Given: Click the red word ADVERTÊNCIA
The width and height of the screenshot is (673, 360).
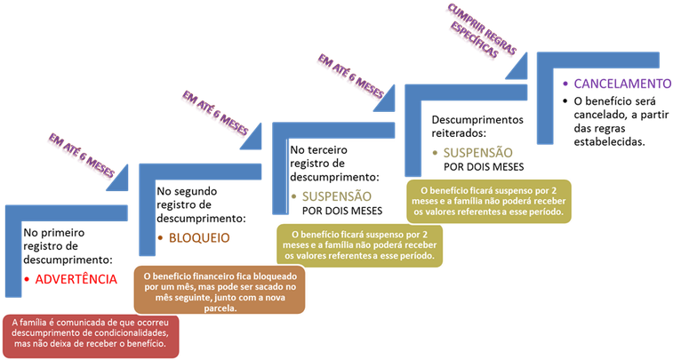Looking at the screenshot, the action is (76, 279).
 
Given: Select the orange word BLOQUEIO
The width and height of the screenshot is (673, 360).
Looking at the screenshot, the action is (199, 238).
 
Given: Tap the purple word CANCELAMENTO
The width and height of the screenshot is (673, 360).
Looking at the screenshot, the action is (622, 84).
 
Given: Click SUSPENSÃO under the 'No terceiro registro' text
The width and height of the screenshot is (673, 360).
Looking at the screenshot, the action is (336, 196).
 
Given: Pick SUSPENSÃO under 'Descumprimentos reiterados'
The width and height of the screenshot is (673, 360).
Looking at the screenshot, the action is (477, 153).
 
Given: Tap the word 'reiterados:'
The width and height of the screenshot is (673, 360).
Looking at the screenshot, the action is (459, 133).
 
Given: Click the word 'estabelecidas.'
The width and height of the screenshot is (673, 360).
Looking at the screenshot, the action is (610, 142).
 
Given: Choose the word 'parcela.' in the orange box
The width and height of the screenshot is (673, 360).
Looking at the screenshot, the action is (220, 308).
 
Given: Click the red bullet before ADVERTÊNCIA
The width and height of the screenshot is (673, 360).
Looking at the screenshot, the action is (27, 280).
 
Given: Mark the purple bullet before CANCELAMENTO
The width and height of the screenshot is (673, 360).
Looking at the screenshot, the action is (565, 84).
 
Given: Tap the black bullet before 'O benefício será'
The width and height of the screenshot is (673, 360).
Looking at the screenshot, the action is (565, 101).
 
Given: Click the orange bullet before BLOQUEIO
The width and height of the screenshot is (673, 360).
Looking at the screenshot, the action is (161, 238).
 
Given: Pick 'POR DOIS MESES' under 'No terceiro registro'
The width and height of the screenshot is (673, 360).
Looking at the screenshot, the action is (342, 211).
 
